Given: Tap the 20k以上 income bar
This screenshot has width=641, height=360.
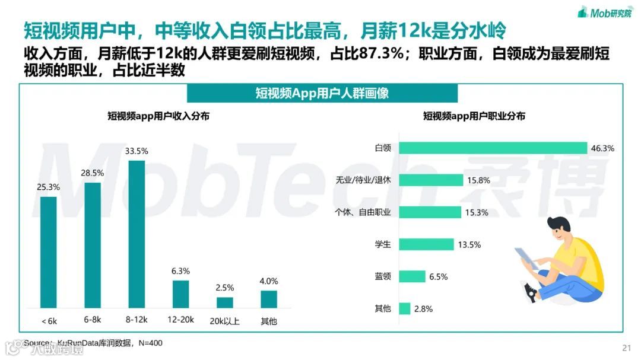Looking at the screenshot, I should pyautogui.click(x=225, y=302).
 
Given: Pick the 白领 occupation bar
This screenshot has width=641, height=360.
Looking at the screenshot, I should pyautogui.click(x=493, y=148).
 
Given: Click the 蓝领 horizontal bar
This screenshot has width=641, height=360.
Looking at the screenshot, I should pyautogui.click(x=412, y=276).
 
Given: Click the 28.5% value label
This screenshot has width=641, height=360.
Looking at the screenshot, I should pyautogui.click(x=93, y=173).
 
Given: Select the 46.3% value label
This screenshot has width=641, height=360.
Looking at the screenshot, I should pyautogui.click(x=602, y=148).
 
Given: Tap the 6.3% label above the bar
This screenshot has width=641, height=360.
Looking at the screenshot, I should pyautogui.click(x=180, y=271).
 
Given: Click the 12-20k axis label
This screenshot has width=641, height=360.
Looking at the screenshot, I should pyautogui.click(x=180, y=321).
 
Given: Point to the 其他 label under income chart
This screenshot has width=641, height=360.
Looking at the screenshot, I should pyautogui.click(x=269, y=321).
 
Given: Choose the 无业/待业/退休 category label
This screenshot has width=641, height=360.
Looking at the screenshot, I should pyautogui.click(x=364, y=180).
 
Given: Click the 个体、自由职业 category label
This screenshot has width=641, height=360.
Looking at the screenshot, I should pyautogui.click(x=363, y=212).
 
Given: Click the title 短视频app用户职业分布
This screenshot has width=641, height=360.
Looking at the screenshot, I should pyautogui.click(x=474, y=116).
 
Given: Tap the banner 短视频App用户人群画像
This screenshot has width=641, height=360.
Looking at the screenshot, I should pyautogui.click(x=322, y=93).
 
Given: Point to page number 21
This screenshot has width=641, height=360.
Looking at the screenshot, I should pyautogui.click(x=626, y=348).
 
